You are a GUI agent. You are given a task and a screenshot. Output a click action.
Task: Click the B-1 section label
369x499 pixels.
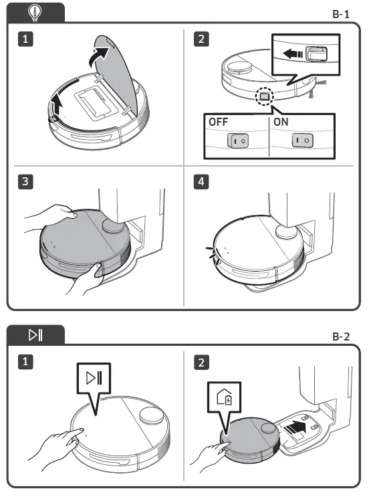pyautogui.click(x=341, y=14)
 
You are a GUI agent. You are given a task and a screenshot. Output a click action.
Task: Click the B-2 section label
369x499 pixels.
pyautogui.click(x=341, y=336)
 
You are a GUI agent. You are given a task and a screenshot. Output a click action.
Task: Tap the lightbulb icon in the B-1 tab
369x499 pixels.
pyautogui.click(x=35, y=13)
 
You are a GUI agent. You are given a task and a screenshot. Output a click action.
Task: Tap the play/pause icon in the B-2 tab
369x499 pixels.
pyautogui.click(x=35, y=335)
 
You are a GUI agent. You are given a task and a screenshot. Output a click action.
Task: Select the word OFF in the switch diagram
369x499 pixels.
pyautogui.click(x=218, y=122)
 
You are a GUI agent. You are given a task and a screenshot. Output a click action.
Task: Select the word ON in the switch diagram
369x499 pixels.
pyautogui.click(x=281, y=122)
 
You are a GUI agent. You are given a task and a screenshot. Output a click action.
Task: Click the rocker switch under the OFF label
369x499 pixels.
pyautogui.click(x=237, y=140)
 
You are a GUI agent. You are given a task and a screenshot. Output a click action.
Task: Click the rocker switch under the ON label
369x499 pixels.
pyautogui.click(x=303, y=140)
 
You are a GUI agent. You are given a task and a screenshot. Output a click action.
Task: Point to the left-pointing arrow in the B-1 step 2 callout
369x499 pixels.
pyautogui.click(x=292, y=54)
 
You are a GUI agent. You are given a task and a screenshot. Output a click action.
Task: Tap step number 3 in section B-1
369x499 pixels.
pyautogui.click(x=25, y=182)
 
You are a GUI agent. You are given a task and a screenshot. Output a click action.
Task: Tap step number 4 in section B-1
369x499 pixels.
pyautogui.click(x=201, y=182)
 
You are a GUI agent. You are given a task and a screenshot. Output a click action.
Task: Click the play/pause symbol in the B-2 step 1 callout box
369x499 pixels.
pyautogui.click(x=94, y=378)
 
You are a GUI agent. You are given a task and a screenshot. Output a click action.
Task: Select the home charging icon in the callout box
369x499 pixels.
pyautogui.click(x=224, y=397)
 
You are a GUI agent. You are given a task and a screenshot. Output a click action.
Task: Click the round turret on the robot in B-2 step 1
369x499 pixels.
pyautogui.click(x=151, y=416)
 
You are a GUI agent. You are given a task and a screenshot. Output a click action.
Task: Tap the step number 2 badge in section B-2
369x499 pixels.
pyautogui.click(x=201, y=362)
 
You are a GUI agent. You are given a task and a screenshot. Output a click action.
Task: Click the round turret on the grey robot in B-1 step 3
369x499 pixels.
pyautogui.click(x=112, y=227)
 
